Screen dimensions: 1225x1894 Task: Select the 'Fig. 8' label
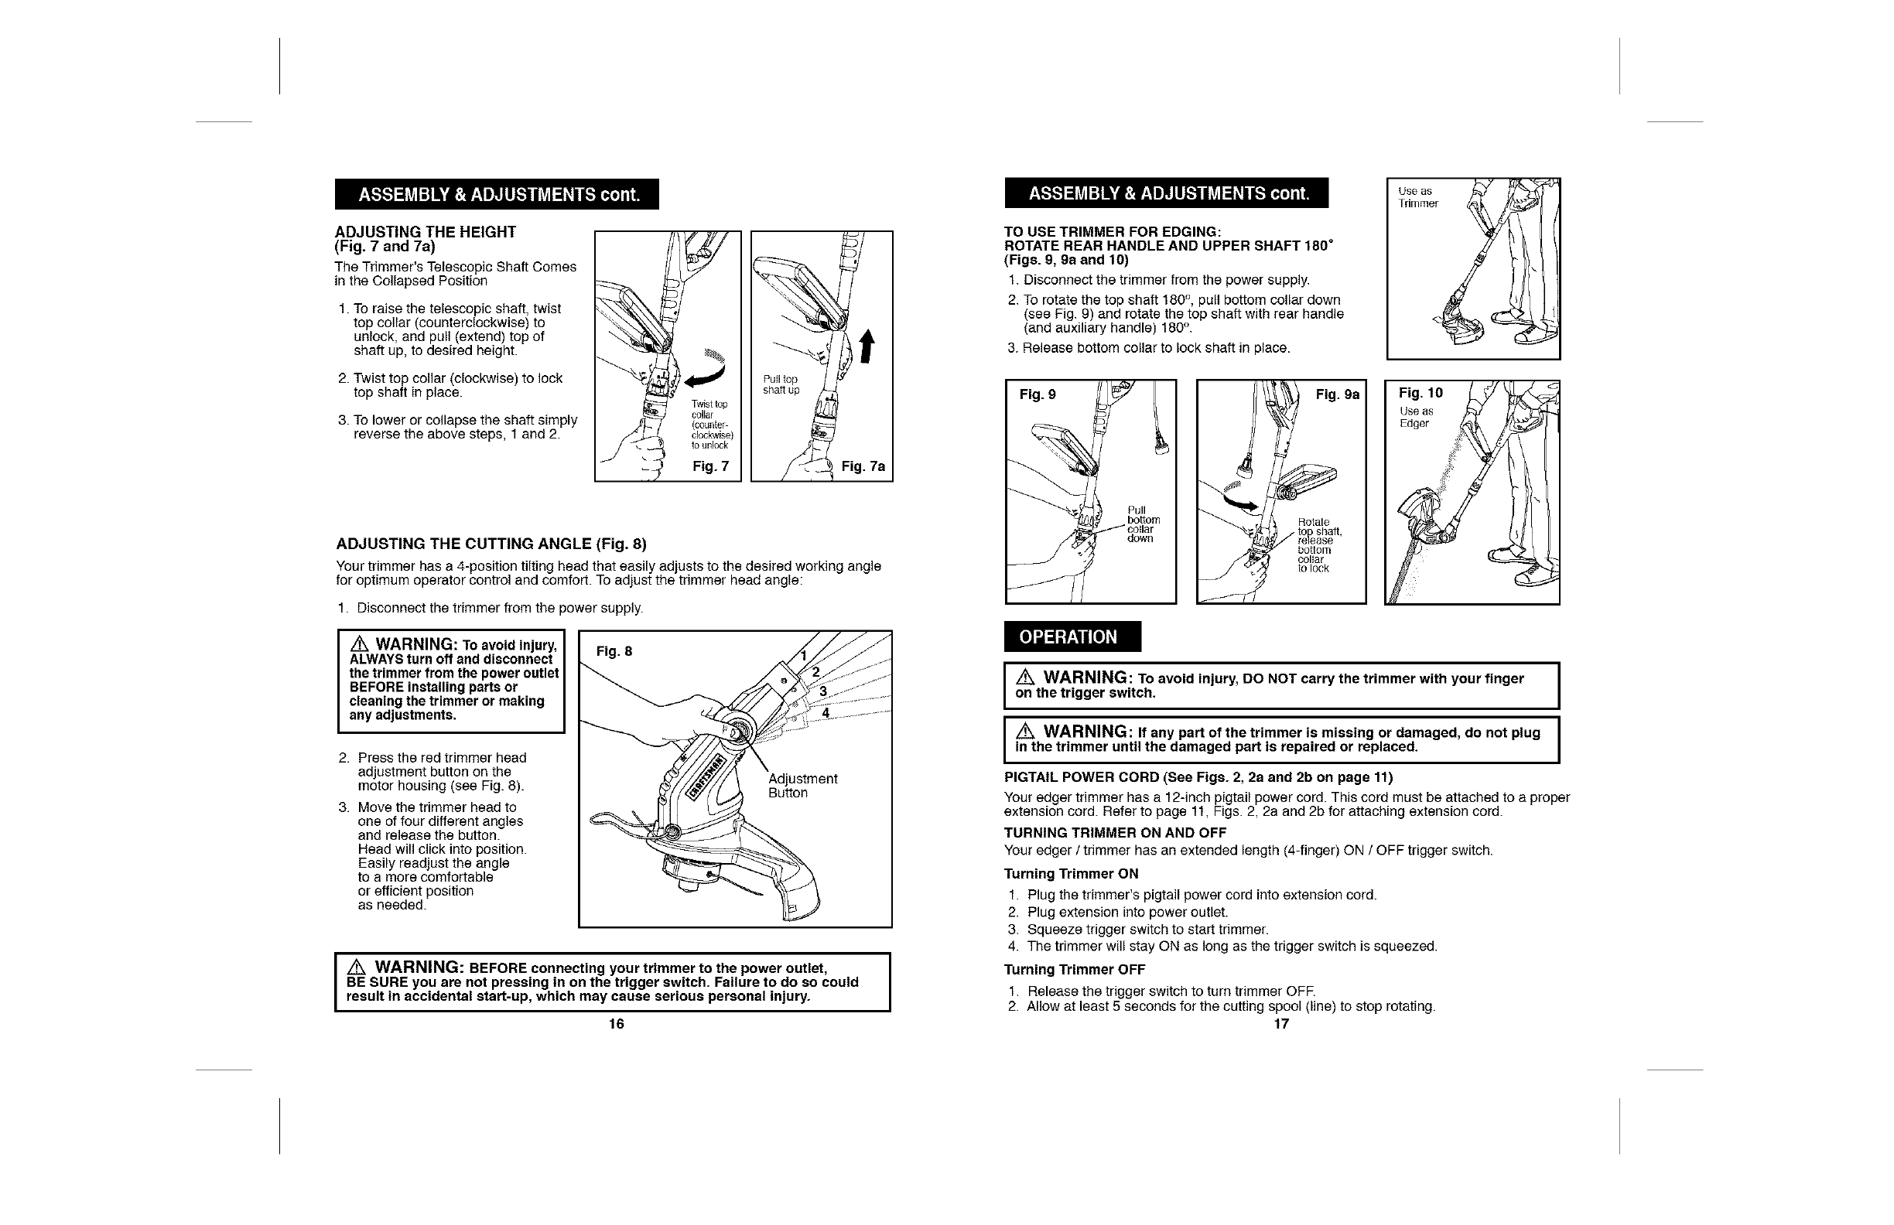click(x=614, y=651)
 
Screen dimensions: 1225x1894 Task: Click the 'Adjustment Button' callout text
click(x=802, y=786)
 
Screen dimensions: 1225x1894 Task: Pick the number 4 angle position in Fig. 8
click(x=826, y=713)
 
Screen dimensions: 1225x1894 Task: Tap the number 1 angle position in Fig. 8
click(x=804, y=656)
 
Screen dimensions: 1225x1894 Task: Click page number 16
click(x=616, y=1024)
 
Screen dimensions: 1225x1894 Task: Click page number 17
click(x=1281, y=1024)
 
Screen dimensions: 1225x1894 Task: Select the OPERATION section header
click(x=1071, y=636)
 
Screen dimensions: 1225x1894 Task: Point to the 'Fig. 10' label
click(x=1420, y=393)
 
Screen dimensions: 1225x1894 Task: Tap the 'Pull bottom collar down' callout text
click(x=1143, y=524)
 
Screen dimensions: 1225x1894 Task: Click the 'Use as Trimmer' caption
click(x=1418, y=197)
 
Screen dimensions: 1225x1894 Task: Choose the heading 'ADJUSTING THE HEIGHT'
click(x=425, y=231)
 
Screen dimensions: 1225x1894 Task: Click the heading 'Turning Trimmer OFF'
click(x=1075, y=970)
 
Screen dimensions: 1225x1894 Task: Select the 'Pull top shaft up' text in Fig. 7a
click(x=780, y=384)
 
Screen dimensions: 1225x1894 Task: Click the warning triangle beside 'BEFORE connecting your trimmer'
click(x=357, y=968)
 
